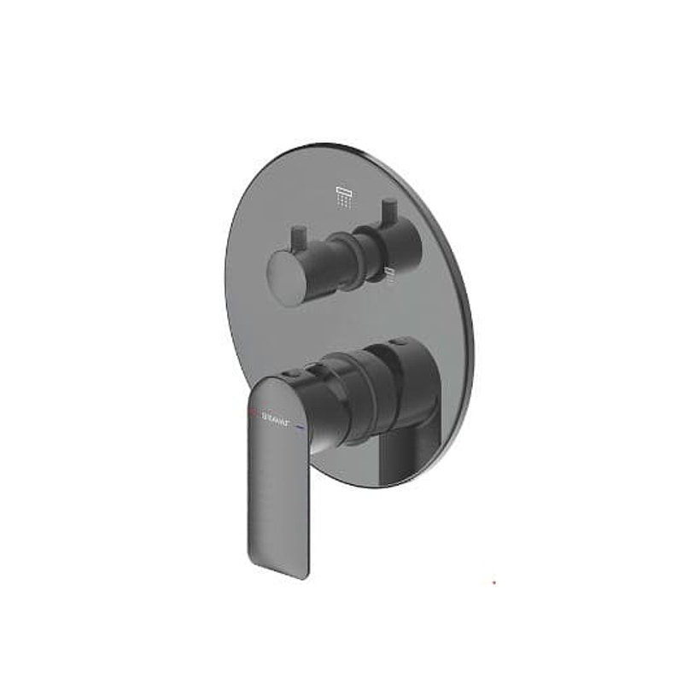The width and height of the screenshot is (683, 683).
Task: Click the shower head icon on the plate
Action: (x=344, y=196)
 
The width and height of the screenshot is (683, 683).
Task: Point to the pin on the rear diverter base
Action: (x=389, y=207)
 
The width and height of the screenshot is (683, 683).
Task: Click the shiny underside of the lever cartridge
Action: (x=329, y=440)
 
